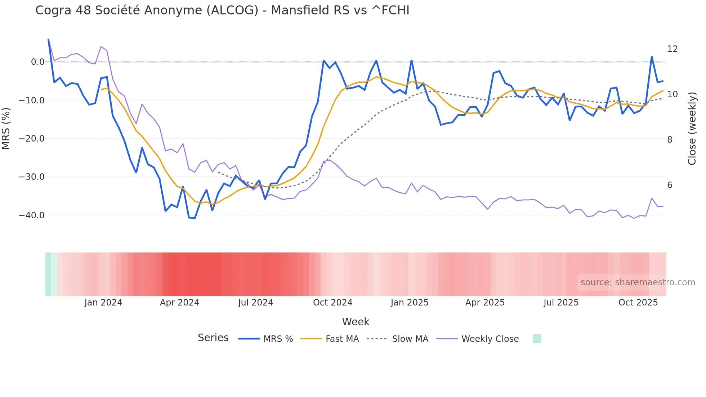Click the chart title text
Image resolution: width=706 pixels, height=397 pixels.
pyautogui.click(x=222, y=10)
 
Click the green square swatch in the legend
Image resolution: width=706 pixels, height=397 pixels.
pyautogui.click(x=537, y=339)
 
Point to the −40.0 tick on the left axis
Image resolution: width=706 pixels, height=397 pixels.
pyautogui.click(x=32, y=215)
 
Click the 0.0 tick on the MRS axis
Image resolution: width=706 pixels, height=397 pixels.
pyautogui.click(x=37, y=62)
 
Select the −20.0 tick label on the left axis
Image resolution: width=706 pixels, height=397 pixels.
pyautogui.click(x=32, y=139)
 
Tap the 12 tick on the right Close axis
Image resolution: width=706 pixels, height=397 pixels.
pyautogui.click(x=672, y=49)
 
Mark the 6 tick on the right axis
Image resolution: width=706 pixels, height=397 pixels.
pyautogui.click(x=670, y=185)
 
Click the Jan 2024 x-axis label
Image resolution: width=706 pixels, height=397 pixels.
pyautogui.click(x=103, y=303)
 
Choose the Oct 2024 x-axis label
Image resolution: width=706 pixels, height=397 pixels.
pyautogui.click(x=332, y=303)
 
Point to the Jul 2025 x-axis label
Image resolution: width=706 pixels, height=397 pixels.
pyautogui.click(x=561, y=303)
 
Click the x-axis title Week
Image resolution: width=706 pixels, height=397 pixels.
pyautogui.click(x=356, y=322)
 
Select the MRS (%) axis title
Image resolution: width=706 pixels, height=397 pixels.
pyautogui.click(x=6, y=129)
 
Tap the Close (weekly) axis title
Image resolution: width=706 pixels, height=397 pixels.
pyautogui.click(x=692, y=129)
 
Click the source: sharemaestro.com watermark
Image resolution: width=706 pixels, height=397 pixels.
pyautogui.click(x=638, y=282)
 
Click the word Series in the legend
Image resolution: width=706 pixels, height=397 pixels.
pyautogui.click(x=213, y=338)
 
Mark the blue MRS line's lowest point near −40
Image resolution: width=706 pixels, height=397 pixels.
pyautogui.click(x=195, y=218)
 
